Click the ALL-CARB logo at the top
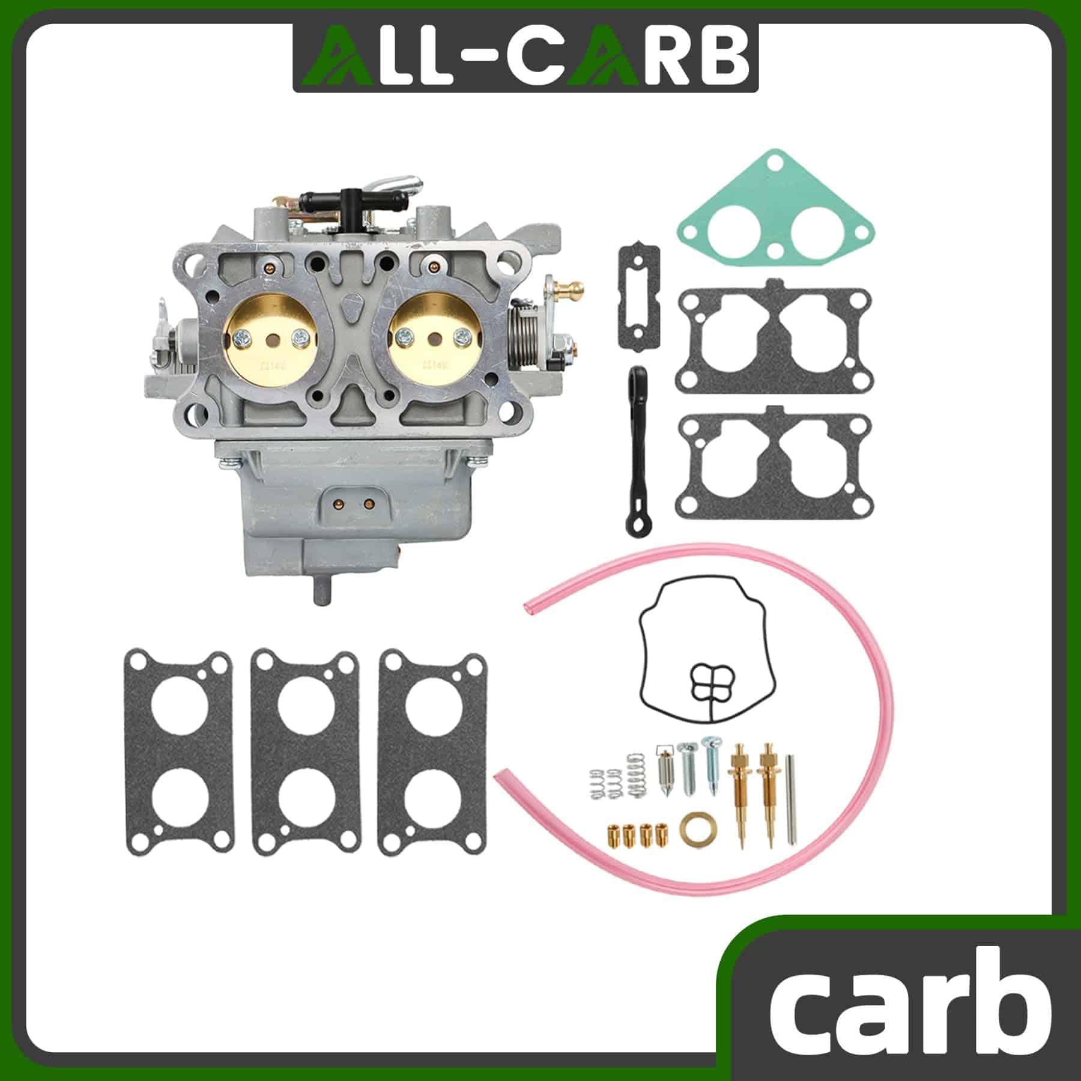pos(525,58)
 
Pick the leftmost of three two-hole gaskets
pos(178,752)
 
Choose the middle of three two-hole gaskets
pos(306,752)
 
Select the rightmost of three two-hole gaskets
pos(433,752)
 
